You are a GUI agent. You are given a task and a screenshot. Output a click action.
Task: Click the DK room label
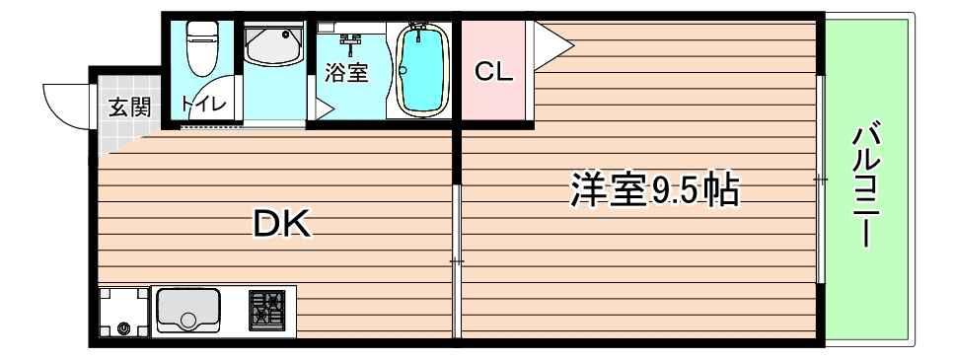282,226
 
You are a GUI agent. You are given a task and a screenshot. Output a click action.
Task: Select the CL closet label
493,73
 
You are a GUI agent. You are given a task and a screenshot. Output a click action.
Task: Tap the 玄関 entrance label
127,108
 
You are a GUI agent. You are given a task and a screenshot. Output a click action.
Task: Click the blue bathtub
421,70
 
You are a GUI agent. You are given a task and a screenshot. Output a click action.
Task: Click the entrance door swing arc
64,103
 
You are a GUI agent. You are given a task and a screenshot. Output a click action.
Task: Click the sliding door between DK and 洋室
457,260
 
